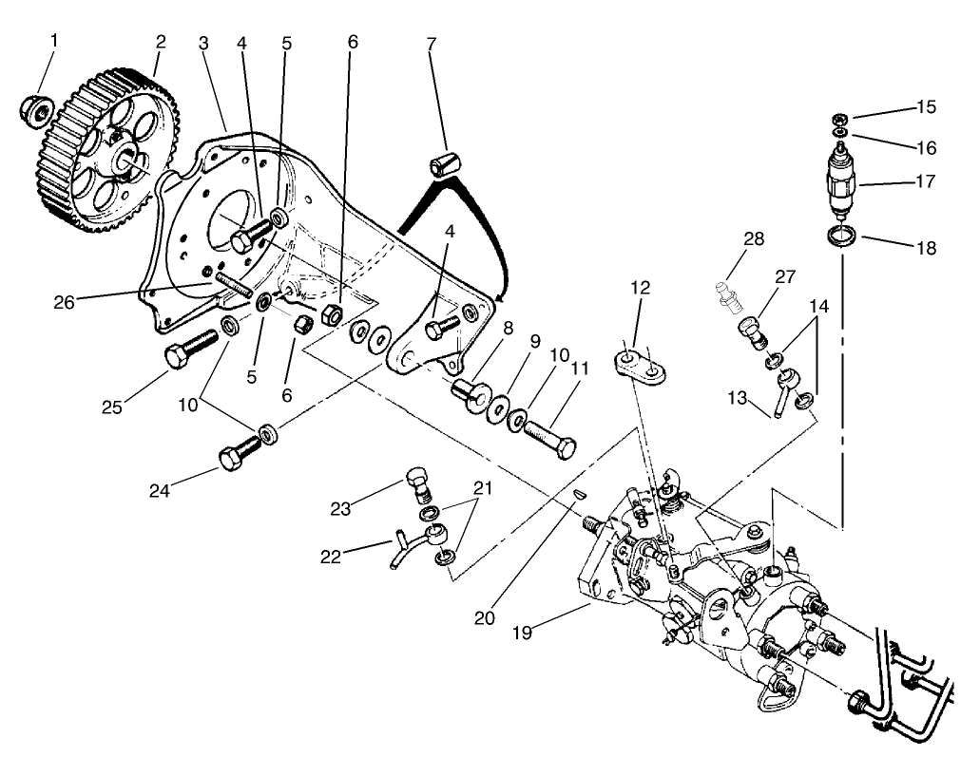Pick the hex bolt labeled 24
[x=239, y=454]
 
